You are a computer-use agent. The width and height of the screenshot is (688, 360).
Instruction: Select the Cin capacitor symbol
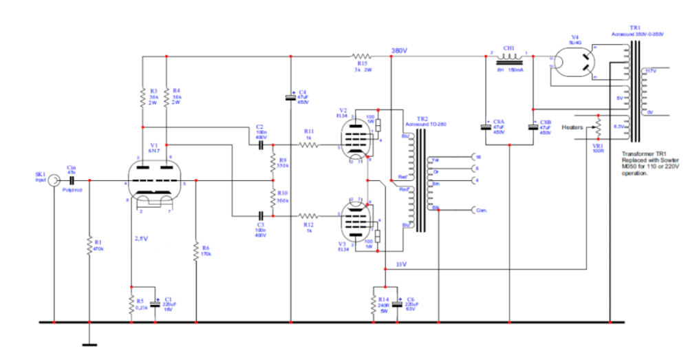71,180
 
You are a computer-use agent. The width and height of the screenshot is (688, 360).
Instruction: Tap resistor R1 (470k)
89,246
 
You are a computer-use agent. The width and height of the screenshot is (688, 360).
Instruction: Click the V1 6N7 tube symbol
155,181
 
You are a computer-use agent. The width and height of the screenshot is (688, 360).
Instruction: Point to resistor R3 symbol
142,96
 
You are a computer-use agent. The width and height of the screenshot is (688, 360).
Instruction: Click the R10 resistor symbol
273,198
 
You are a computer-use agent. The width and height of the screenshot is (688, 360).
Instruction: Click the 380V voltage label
400,51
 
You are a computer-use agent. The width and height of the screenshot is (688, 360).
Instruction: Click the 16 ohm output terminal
473,157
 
